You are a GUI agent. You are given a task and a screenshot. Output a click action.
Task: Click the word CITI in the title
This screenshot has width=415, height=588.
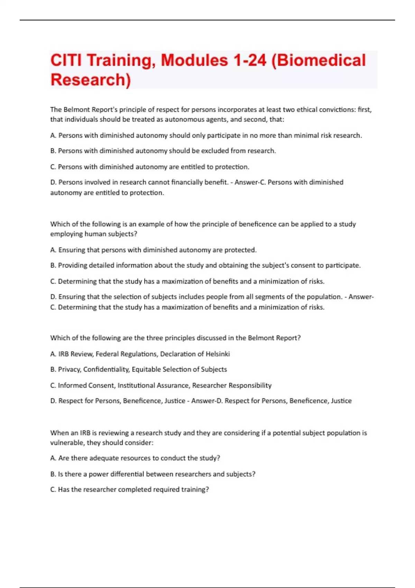coord(66,60)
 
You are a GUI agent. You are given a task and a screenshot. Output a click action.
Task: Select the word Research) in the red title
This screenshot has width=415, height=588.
coord(91,80)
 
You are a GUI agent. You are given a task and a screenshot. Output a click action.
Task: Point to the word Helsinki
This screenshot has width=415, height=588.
coord(218,354)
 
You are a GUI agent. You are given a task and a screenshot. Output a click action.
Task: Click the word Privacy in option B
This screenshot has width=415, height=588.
coord(69,369)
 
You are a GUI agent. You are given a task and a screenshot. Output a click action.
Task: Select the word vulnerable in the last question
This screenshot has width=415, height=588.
coord(67,443)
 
